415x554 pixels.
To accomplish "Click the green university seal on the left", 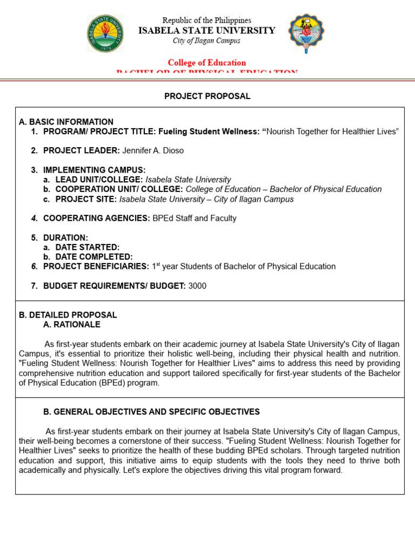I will (x=105, y=34).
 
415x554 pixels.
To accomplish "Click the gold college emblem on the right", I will (x=306, y=34).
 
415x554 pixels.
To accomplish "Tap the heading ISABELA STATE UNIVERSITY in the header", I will (x=207, y=31).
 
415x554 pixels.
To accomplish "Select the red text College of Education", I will (x=207, y=63).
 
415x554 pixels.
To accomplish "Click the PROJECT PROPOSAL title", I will (x=207, y=96).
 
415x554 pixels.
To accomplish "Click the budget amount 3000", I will (x=197, y=286).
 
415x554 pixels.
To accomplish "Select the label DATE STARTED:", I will (x=88, y=247).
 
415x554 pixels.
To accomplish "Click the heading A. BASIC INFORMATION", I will (x=66, y=122).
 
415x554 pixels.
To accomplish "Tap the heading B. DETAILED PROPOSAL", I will (x=68, y=315).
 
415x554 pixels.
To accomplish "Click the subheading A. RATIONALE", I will (x=72, y=325).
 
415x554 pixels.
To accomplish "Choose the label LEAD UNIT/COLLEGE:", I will (x=99, y=180).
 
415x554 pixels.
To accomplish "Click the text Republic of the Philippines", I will (x=207, y=21).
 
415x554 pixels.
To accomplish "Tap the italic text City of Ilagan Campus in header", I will (x=207, y=41).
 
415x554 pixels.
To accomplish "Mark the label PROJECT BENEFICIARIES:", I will (x=96, y=266).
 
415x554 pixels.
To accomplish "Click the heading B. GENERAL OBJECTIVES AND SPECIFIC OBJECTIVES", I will (x=151, y=412).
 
